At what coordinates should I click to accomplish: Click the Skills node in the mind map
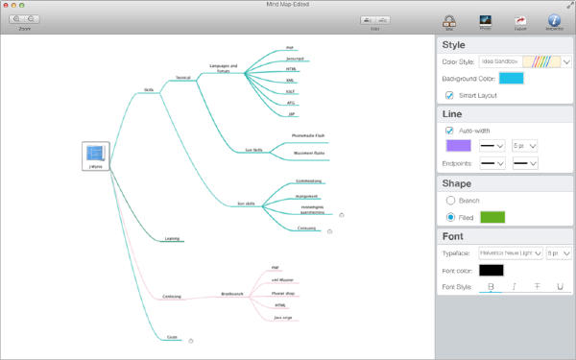[x=149, y=89]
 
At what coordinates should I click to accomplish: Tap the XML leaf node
[x=290, y=81]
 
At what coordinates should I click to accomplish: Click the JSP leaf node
[x=290, y=113]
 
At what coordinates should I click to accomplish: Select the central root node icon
[x=95, y=154]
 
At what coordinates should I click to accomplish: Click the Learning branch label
[x=172, y=237]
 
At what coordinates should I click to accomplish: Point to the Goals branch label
[x=173, y=338]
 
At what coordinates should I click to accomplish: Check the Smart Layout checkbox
[x=449, y=95]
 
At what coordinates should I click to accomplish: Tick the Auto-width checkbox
[x=449, y=130]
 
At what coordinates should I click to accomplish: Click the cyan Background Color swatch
[x=510, y=79]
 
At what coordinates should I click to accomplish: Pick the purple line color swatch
[x=458, y=146]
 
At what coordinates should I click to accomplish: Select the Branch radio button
[x=450, y=201]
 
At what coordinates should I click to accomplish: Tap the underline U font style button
[x=560, y=286]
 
